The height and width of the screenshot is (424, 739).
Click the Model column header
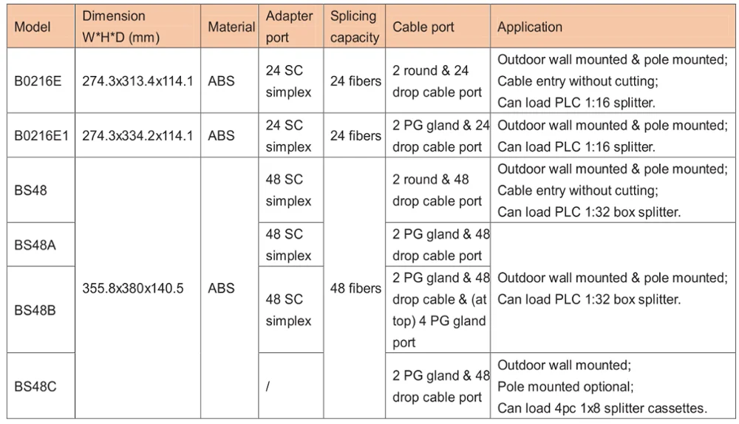coord(33,27)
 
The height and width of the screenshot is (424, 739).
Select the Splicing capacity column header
coord(355,27)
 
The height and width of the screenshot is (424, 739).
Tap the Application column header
coord(530,27)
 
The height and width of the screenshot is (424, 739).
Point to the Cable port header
coord(423,27)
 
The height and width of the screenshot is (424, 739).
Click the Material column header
coord(231,27)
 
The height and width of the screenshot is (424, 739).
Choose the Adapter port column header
coord(289,27)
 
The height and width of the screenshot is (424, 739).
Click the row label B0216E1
coord(41,136)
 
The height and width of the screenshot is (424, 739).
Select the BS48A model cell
coord(35,245)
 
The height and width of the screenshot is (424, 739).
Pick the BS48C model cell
coord(35,386)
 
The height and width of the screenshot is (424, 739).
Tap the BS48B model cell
coord(35,310)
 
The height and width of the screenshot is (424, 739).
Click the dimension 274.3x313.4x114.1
coord(137,81)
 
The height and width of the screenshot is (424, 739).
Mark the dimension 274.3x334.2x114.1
coord(137,136)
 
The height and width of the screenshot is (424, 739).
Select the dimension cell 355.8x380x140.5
coord(133,289)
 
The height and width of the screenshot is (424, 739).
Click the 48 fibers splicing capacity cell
coord(355,289)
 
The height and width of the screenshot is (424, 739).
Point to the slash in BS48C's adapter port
coord(268,386)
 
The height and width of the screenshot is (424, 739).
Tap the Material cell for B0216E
coord(221,81)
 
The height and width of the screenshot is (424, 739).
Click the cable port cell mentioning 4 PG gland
coord(439,310)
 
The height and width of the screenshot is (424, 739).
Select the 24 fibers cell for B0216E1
coord(355,136)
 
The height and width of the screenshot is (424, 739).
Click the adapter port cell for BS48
coord(289,191)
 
